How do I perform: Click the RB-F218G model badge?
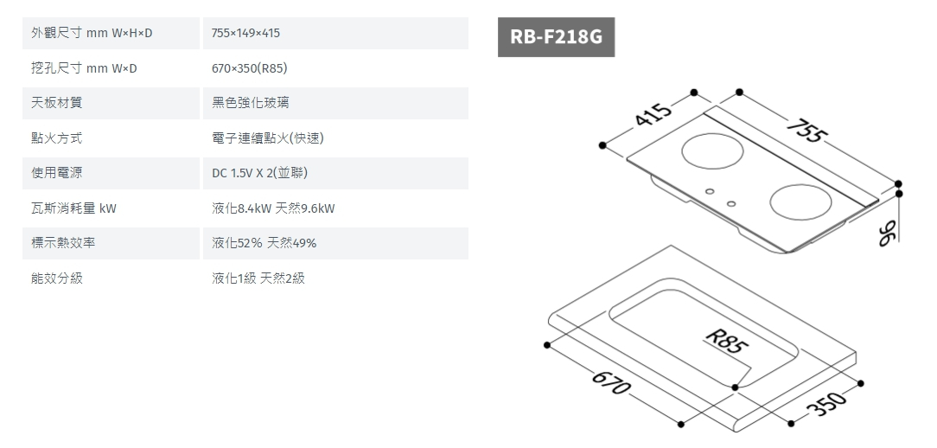click(x=556, y=38)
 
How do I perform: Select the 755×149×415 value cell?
click(x=246, y=33)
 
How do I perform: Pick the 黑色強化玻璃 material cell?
click(x=251, y=103)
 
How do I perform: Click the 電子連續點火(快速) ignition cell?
click(x=268, y=138)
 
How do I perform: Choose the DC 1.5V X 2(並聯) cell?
click(x=260, y=174)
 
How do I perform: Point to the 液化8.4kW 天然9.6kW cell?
click(x=273, y=208)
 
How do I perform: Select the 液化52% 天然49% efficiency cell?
click(x=265, y=243)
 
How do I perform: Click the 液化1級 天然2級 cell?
click(x=258, y=278)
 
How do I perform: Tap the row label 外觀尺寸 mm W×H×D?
click(x=92, y=33)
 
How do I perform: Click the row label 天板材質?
click(x=57, y=103)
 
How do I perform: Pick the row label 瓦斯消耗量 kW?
click(x=74, y=208)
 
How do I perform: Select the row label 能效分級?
click(x=57, y=278)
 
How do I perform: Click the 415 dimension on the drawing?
click(x=652, y=114)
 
